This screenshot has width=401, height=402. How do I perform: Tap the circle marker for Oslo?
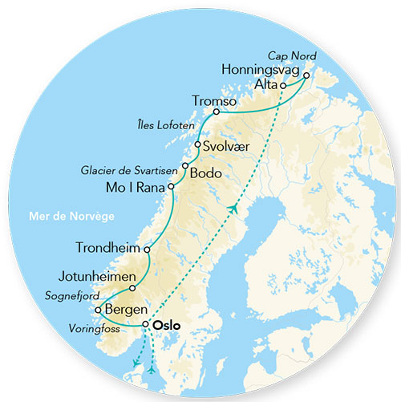click(145, 325)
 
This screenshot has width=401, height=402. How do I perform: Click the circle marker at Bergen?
click(97, 310)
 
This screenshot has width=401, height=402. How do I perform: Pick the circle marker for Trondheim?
click(146, 250)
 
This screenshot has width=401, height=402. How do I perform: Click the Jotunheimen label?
click(91, 277)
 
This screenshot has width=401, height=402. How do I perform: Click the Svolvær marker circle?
click(197, 144)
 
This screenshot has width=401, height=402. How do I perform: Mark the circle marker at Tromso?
click(216, 112)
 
